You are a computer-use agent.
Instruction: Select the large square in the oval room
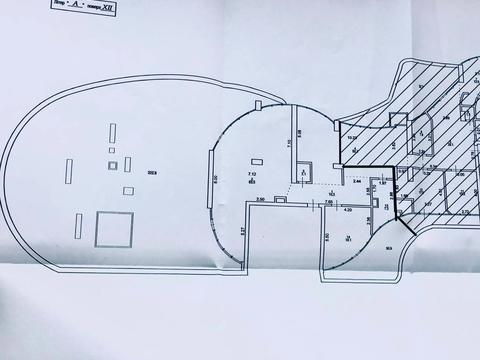pos(112,229)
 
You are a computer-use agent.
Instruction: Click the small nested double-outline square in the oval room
pos(112,165)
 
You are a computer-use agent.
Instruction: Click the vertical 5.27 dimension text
pos(242,233)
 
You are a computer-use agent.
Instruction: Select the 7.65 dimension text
pos(328,201)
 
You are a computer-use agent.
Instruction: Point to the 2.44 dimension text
pos(357,182)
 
